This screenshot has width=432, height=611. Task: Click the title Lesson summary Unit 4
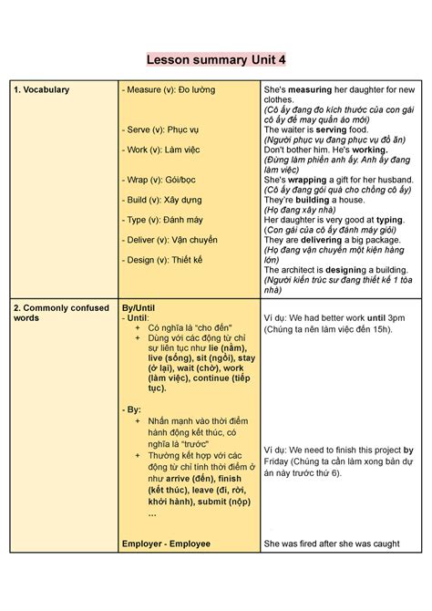[x=216, y=59]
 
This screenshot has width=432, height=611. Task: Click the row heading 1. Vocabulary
[x=42, y=89]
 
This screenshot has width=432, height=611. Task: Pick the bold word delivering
[x=326, y=240]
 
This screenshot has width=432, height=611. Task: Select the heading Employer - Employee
[x=166, y=544]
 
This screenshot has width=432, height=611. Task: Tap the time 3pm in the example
[x=395, y=318]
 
